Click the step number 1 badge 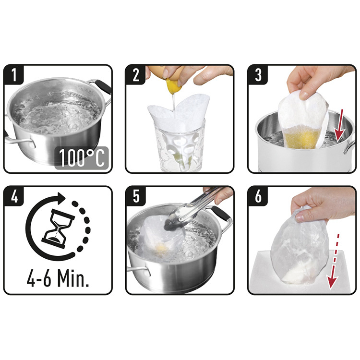pyautogui.click(x=14, y=74)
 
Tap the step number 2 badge pyautogui.click(x=136, y=74)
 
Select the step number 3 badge pyautogui.click(x=258, y=74)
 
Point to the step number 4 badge pyautogui.click(x=14, y=196)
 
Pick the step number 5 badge pyautogui.click(x=136, y=196)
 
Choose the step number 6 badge pyautogui.click(x=258, y=196)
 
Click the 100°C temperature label pyautogui.click(x=82, y=158)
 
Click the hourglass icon pyautogui.click(x=58, y=228)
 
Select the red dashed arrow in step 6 pyautogui.click(x=333, y=261)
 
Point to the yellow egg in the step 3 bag pyautogui.click(x=301, y=138)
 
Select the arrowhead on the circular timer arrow pyautogui.click(x=60, y=197)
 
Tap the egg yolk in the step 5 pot pyautogui.click(x=162, y=248)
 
